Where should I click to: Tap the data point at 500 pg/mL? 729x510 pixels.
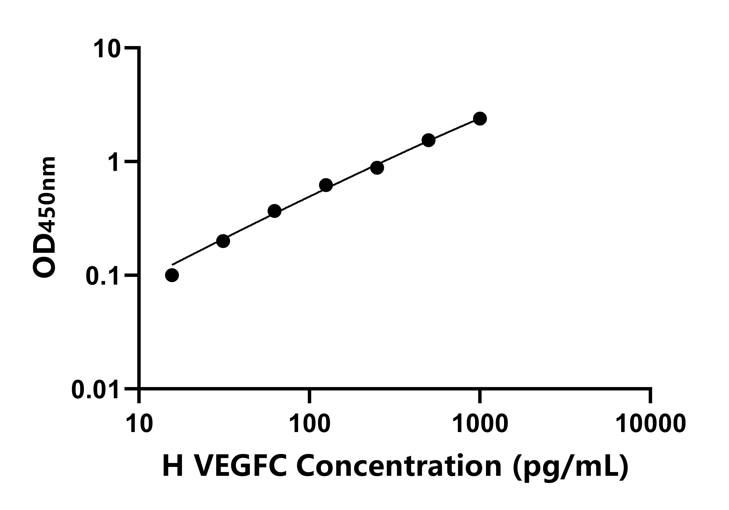coord(428,140)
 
